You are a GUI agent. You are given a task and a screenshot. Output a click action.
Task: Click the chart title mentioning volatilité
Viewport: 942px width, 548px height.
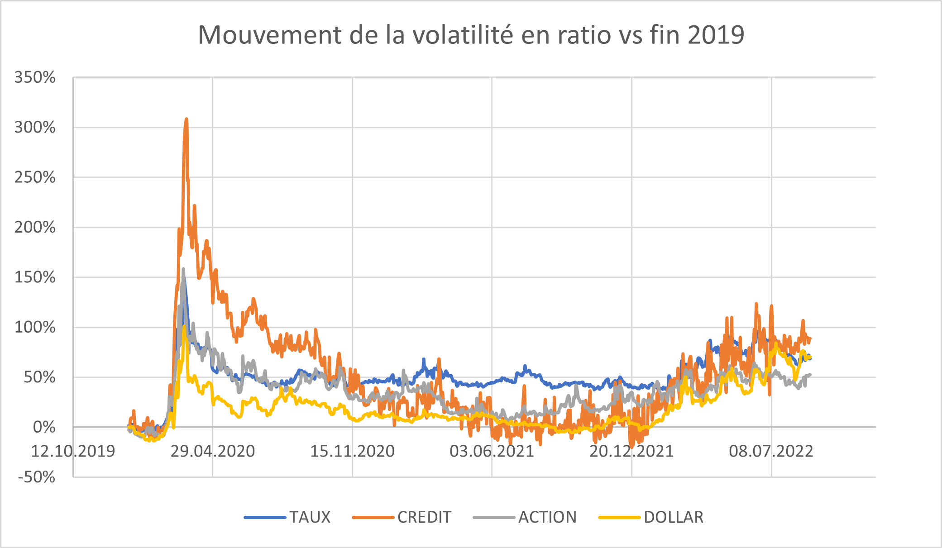tap(471, 35)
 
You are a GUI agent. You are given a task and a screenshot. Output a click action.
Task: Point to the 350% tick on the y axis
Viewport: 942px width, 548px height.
tap(35, 77)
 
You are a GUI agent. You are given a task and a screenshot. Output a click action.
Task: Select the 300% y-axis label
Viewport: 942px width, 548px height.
tap(35, 127)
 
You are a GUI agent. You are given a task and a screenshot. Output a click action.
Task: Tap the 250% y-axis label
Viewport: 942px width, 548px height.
tap(35, 177)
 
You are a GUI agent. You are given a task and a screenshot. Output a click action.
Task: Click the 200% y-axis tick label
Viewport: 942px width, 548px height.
tap(35, 227)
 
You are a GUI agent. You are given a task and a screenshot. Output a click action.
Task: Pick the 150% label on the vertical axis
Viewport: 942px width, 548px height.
tap(35, 277)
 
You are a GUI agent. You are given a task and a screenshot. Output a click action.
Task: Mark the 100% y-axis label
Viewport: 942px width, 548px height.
tap(35, 327)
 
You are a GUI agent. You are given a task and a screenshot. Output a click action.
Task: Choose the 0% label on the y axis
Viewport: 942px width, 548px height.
tap(44, 427)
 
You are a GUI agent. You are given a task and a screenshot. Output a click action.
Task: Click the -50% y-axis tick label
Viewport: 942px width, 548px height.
tap(36, 477)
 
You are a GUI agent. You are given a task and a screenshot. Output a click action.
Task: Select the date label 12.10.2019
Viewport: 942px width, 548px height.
tap(73, 451)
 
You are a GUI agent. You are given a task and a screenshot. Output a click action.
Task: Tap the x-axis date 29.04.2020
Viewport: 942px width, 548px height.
tap(213, 451)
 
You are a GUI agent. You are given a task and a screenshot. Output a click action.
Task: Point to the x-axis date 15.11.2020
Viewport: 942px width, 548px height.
tap(352, 451)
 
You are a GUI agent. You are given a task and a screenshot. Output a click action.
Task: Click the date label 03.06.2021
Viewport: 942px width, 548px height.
tap(492, 451)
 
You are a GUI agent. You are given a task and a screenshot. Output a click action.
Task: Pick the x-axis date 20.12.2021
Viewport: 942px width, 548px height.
tap(631, 451)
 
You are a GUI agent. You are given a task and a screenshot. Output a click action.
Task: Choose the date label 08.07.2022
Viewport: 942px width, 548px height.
tap(771, 451)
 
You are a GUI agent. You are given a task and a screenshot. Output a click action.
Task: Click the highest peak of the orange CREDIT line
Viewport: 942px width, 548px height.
tap(186, 119)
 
